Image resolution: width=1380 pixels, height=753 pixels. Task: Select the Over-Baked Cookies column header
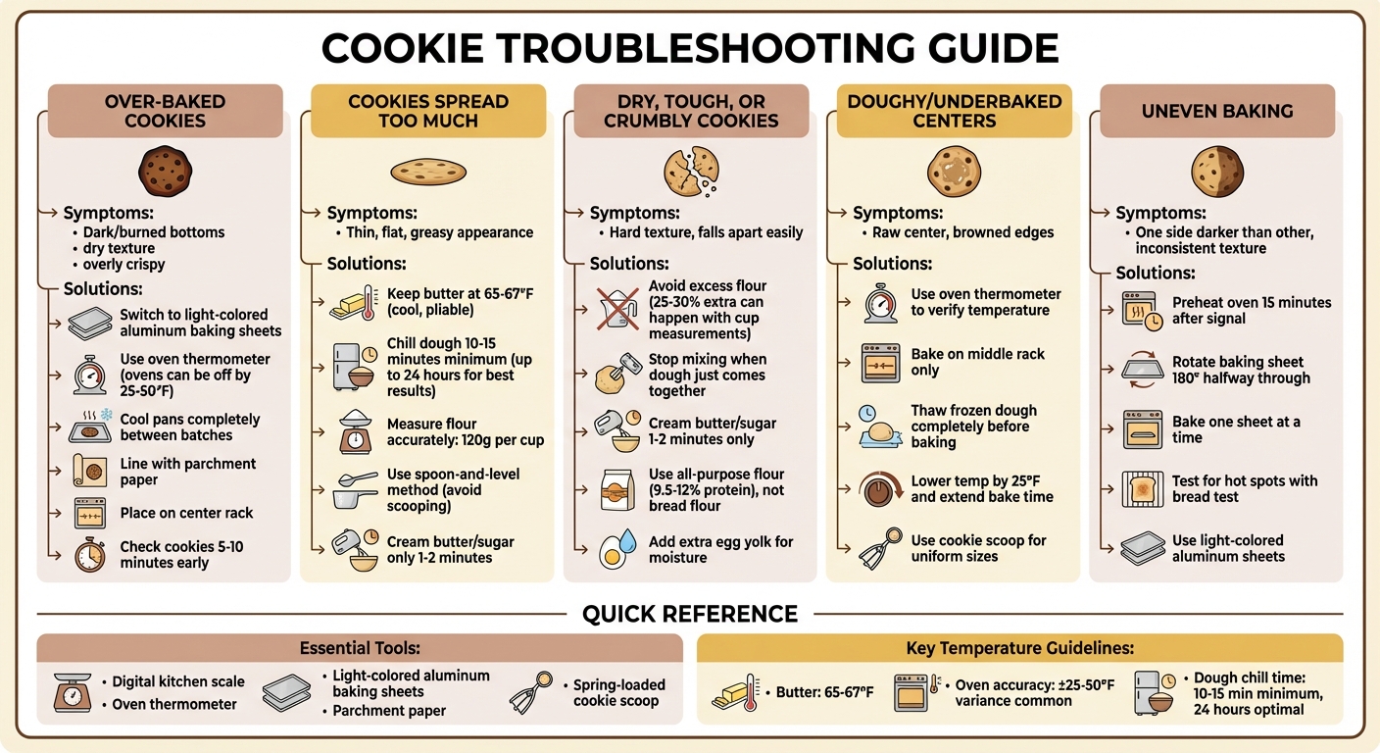[165, 111]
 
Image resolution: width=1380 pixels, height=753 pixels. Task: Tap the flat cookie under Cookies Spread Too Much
[428, 172]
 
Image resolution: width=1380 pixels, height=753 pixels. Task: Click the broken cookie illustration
[690, 170]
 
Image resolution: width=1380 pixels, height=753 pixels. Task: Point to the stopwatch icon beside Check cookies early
[90, 555]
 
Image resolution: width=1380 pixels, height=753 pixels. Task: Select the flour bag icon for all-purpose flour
[616, 489]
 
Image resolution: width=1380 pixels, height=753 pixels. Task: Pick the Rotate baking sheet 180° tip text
[1240, 370]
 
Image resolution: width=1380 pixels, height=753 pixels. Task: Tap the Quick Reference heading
[690, 615]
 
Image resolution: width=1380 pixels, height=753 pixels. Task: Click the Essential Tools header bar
[360, 648]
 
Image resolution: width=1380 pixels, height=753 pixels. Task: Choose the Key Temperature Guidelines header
[1019, 648]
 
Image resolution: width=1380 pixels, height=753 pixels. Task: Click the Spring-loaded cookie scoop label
[618, 692]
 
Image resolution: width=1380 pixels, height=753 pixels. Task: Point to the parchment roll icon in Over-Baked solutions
[90, 472]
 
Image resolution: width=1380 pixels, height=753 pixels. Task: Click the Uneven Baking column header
[1216, 111]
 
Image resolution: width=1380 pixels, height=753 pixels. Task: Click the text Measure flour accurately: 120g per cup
[465, 432]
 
